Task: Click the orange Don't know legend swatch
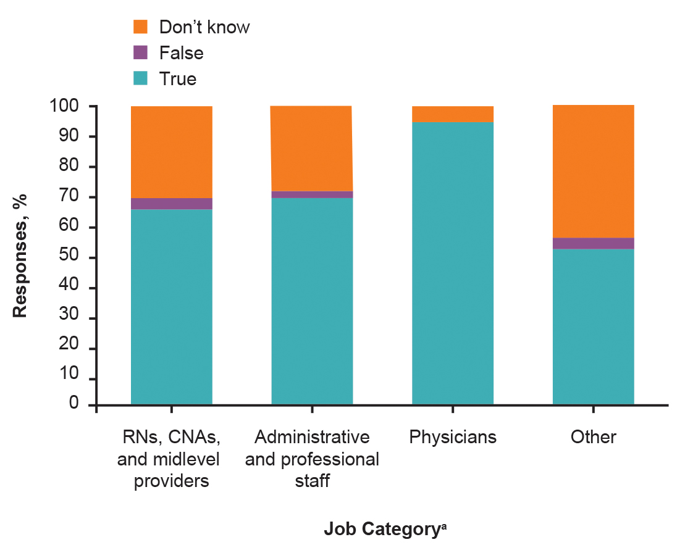tap(141, 27)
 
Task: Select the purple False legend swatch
tap(141, 53)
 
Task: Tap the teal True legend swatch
tap(141, 79)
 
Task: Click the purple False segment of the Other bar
tap(593, 243)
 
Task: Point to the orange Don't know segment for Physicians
tap(452, 114)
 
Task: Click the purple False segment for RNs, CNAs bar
tap(171, 204)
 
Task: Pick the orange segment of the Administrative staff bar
tap(312, 149)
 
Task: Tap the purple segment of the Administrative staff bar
tap(312, 194)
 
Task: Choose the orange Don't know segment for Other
tap(593, 172)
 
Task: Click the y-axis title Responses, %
tap(21, 254)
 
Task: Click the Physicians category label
tap(452, 437)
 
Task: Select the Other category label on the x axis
tap(593, 437)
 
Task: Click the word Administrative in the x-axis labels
tap(312, 437)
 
